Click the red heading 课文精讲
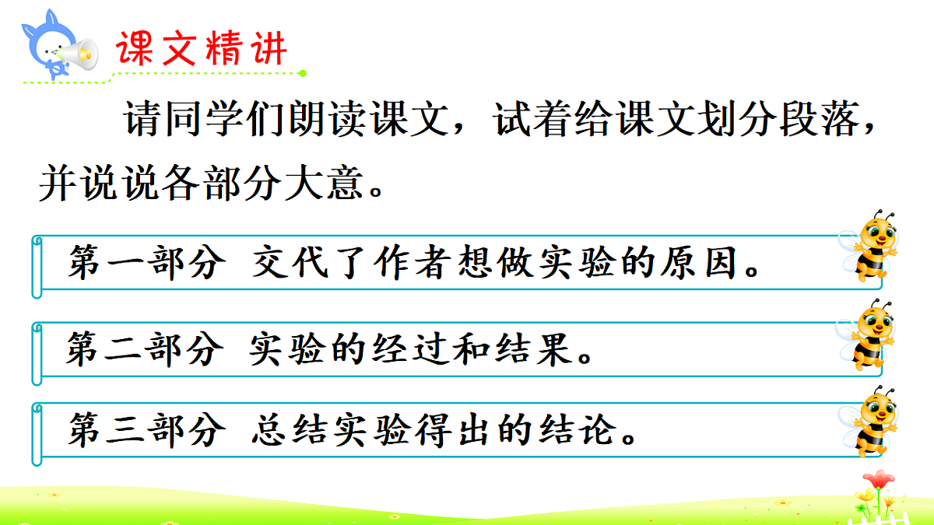(202, 48)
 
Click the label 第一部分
(146, 264)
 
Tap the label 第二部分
(145, 349)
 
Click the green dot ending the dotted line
(302, 73)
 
